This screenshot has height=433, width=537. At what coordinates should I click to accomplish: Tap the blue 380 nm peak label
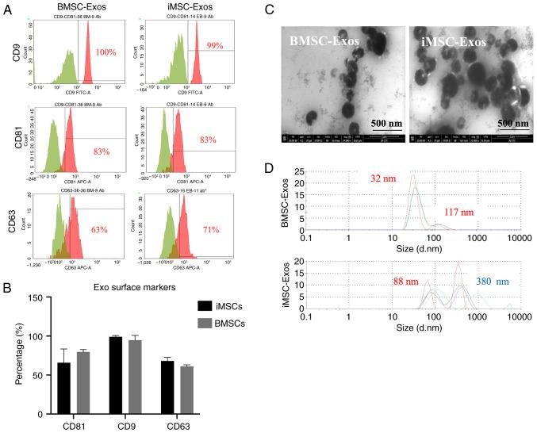497,281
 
